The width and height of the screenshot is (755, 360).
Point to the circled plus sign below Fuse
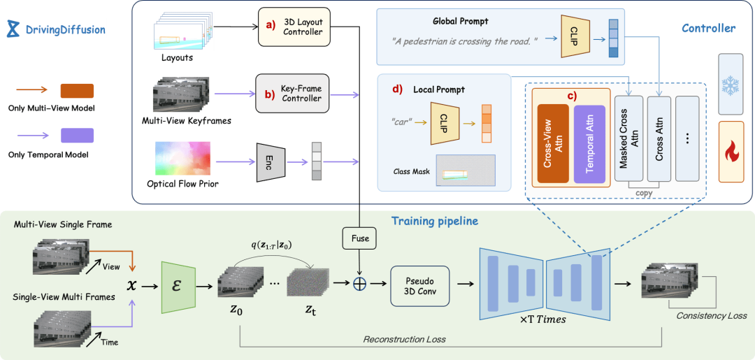(359, 284)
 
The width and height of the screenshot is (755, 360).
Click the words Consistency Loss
(711, 315)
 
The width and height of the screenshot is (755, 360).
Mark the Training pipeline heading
(434, 221)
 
